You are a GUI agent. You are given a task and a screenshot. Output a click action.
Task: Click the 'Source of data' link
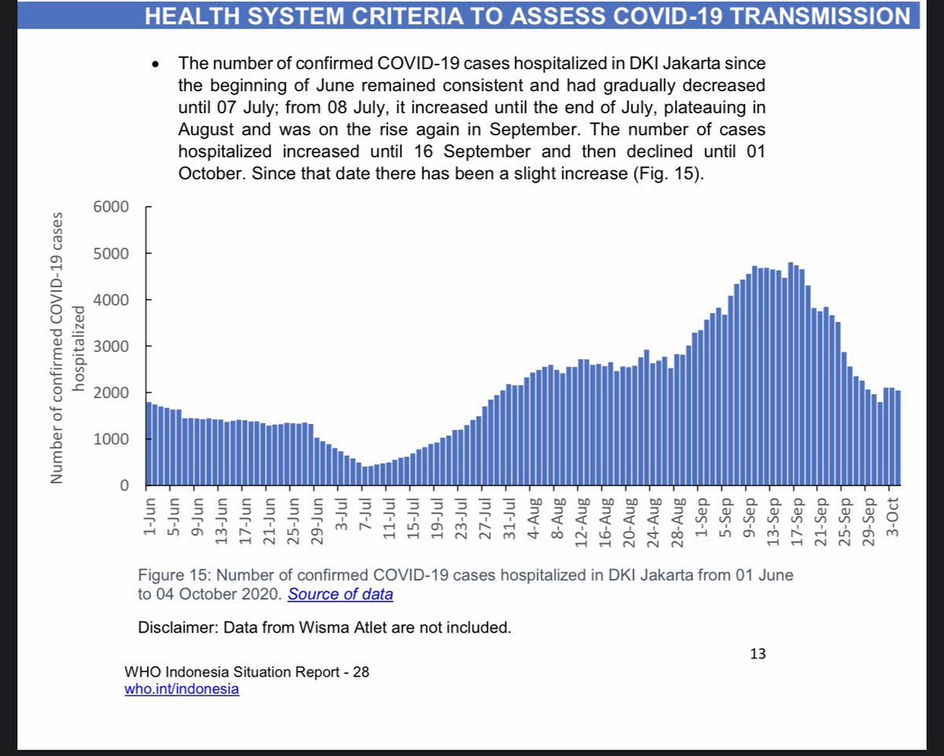tap(340, 595)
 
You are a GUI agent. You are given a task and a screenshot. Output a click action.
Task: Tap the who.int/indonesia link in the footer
tap(182, 689)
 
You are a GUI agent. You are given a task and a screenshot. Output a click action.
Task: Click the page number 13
tap(758, 653)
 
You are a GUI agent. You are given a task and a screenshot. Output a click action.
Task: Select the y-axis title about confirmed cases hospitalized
tap(67, 346)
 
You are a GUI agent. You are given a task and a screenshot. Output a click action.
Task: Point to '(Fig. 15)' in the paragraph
tap(666, 174)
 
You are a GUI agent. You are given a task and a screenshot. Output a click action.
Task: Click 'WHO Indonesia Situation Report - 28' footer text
tap(246, 673)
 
